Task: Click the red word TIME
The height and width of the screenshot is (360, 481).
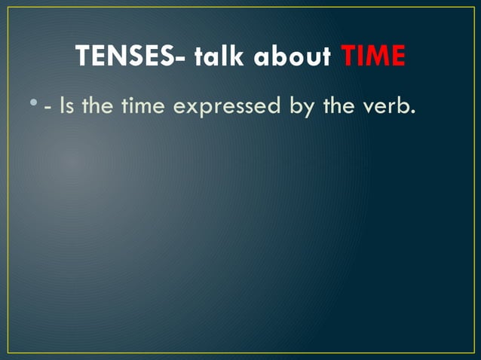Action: (x=373, y=56)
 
